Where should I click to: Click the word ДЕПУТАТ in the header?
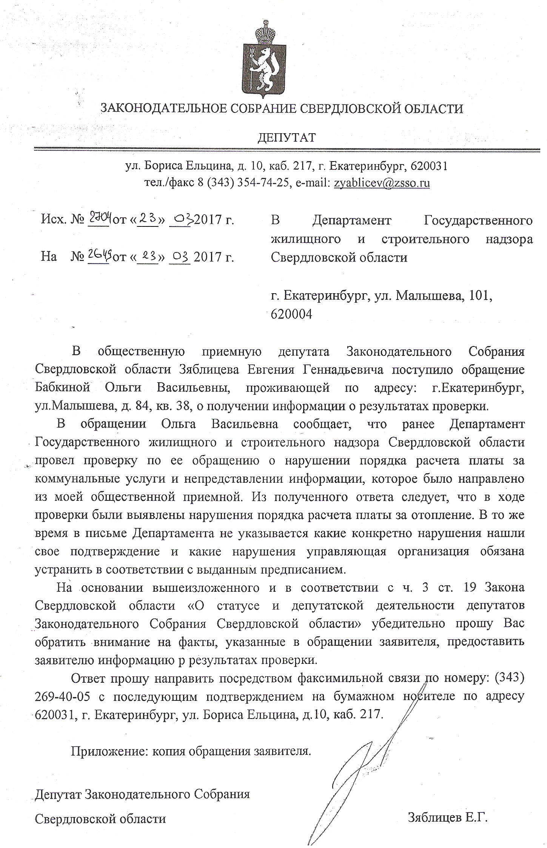coord(286,137)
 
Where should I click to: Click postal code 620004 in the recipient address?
coord(291,314)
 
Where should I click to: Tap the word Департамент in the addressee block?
coord(352,220)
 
